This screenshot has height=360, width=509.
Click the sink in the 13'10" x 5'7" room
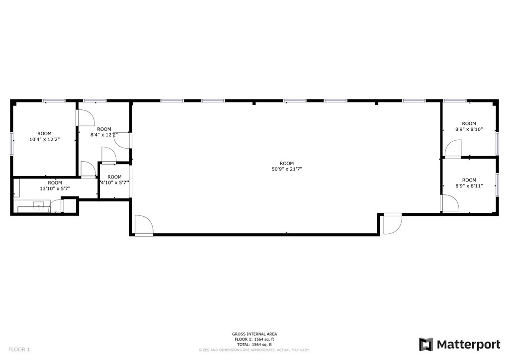pos(39,206)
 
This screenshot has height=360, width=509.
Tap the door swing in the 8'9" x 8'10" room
pos(453,149)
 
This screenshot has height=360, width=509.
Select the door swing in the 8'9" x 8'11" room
pos(449,203)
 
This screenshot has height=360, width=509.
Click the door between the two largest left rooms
pos(85,117)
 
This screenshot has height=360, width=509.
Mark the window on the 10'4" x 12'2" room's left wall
pos(12,143)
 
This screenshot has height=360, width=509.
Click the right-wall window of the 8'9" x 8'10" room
pos(497,143)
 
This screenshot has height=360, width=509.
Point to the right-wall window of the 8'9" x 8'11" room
pos(497,185)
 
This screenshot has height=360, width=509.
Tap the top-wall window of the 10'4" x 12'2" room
pos(54,100)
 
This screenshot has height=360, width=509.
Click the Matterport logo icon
pos(426,345)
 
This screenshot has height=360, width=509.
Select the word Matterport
pos(468,345)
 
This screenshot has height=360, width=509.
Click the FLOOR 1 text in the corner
pos(19,350)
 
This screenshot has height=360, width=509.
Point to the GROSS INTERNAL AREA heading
pos(254,334)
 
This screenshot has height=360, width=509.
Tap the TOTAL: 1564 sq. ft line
pos(254,345)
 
